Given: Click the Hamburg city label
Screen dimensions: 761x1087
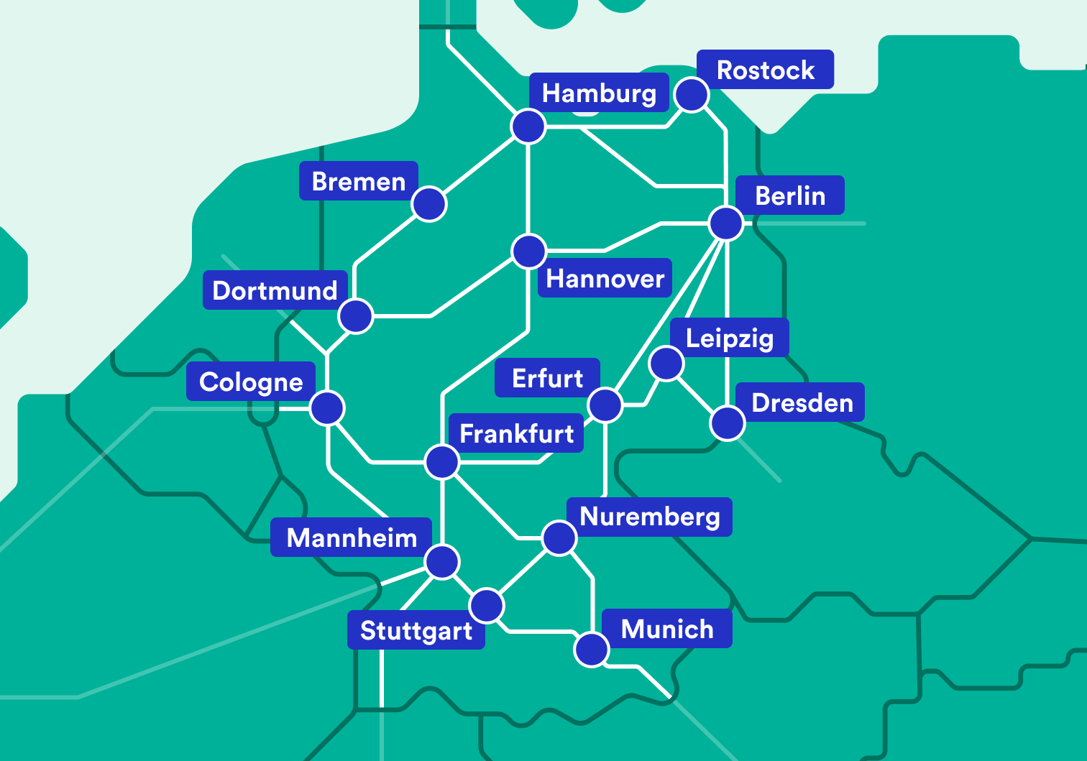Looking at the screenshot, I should [599, 93].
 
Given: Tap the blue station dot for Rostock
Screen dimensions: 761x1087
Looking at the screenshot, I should [692, 95].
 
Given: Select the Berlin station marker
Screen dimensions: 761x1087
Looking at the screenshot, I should [726, 223].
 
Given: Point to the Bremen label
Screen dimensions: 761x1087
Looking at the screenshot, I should [358, 181].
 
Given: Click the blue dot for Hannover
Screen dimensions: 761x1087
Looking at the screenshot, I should [529, 251].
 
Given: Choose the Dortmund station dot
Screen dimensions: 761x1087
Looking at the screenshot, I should [355, 315].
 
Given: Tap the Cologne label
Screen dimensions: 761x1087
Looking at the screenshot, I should [251, 382].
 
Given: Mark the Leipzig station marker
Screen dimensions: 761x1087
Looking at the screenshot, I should [666, 363].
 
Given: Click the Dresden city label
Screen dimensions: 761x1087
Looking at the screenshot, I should [802, 402].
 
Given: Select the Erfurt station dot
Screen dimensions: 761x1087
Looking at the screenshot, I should [605, 405].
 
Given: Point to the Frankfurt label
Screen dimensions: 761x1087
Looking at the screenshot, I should [516, 433].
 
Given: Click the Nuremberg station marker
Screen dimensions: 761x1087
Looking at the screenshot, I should [559, 538].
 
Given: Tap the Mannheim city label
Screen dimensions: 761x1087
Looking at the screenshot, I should [352, 538].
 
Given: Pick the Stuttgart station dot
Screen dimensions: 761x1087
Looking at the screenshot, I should [487, 605].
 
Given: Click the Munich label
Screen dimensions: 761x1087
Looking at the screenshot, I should [667, 629].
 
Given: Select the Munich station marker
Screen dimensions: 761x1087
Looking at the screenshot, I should [592, 650].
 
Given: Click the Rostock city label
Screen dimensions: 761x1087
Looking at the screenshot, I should [766, 70].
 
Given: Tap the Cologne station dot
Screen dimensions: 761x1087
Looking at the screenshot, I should [327, 408].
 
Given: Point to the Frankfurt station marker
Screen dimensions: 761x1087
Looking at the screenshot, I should [441, 461].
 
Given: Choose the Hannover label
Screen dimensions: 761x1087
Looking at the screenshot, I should [605, 278].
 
